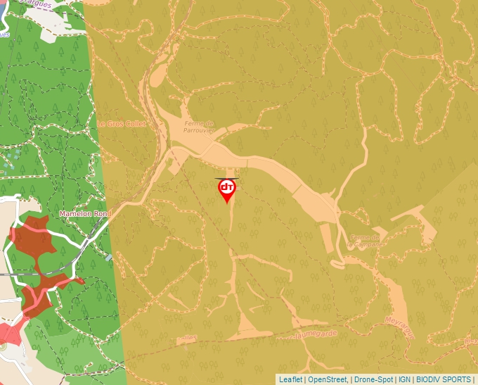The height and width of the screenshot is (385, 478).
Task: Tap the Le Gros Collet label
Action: [x=122, y=124]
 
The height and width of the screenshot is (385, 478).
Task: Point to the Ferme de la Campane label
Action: [x=365, y=241]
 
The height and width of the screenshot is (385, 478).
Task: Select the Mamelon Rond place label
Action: [x=86, y=213]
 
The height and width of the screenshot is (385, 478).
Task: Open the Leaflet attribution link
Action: [x=290, y=379]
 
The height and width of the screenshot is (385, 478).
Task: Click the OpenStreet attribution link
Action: [x=328, y=379]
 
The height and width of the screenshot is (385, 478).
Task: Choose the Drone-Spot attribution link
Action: [x=373, y=379]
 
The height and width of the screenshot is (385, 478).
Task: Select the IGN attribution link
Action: [x=404, y=379]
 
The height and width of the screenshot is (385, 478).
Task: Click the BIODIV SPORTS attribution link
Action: [x=444, y=379]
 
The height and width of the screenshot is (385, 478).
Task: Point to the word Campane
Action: [x=367, y=246]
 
